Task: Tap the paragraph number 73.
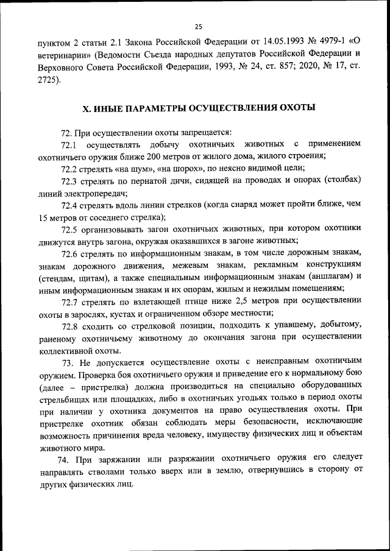pyautogui.click(x=63, y=362)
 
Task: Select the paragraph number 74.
pyautogui.click(x=63, y=457)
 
